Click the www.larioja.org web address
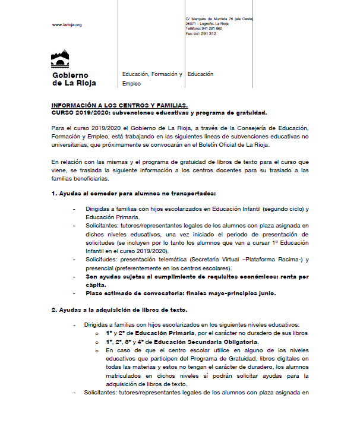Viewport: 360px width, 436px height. pos(67,25)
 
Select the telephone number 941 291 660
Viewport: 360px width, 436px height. pos(212,29)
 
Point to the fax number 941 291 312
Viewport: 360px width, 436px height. pos(206,34)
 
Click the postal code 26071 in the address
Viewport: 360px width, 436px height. pos(192,24)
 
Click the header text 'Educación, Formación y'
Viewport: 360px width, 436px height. pos(152,75)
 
